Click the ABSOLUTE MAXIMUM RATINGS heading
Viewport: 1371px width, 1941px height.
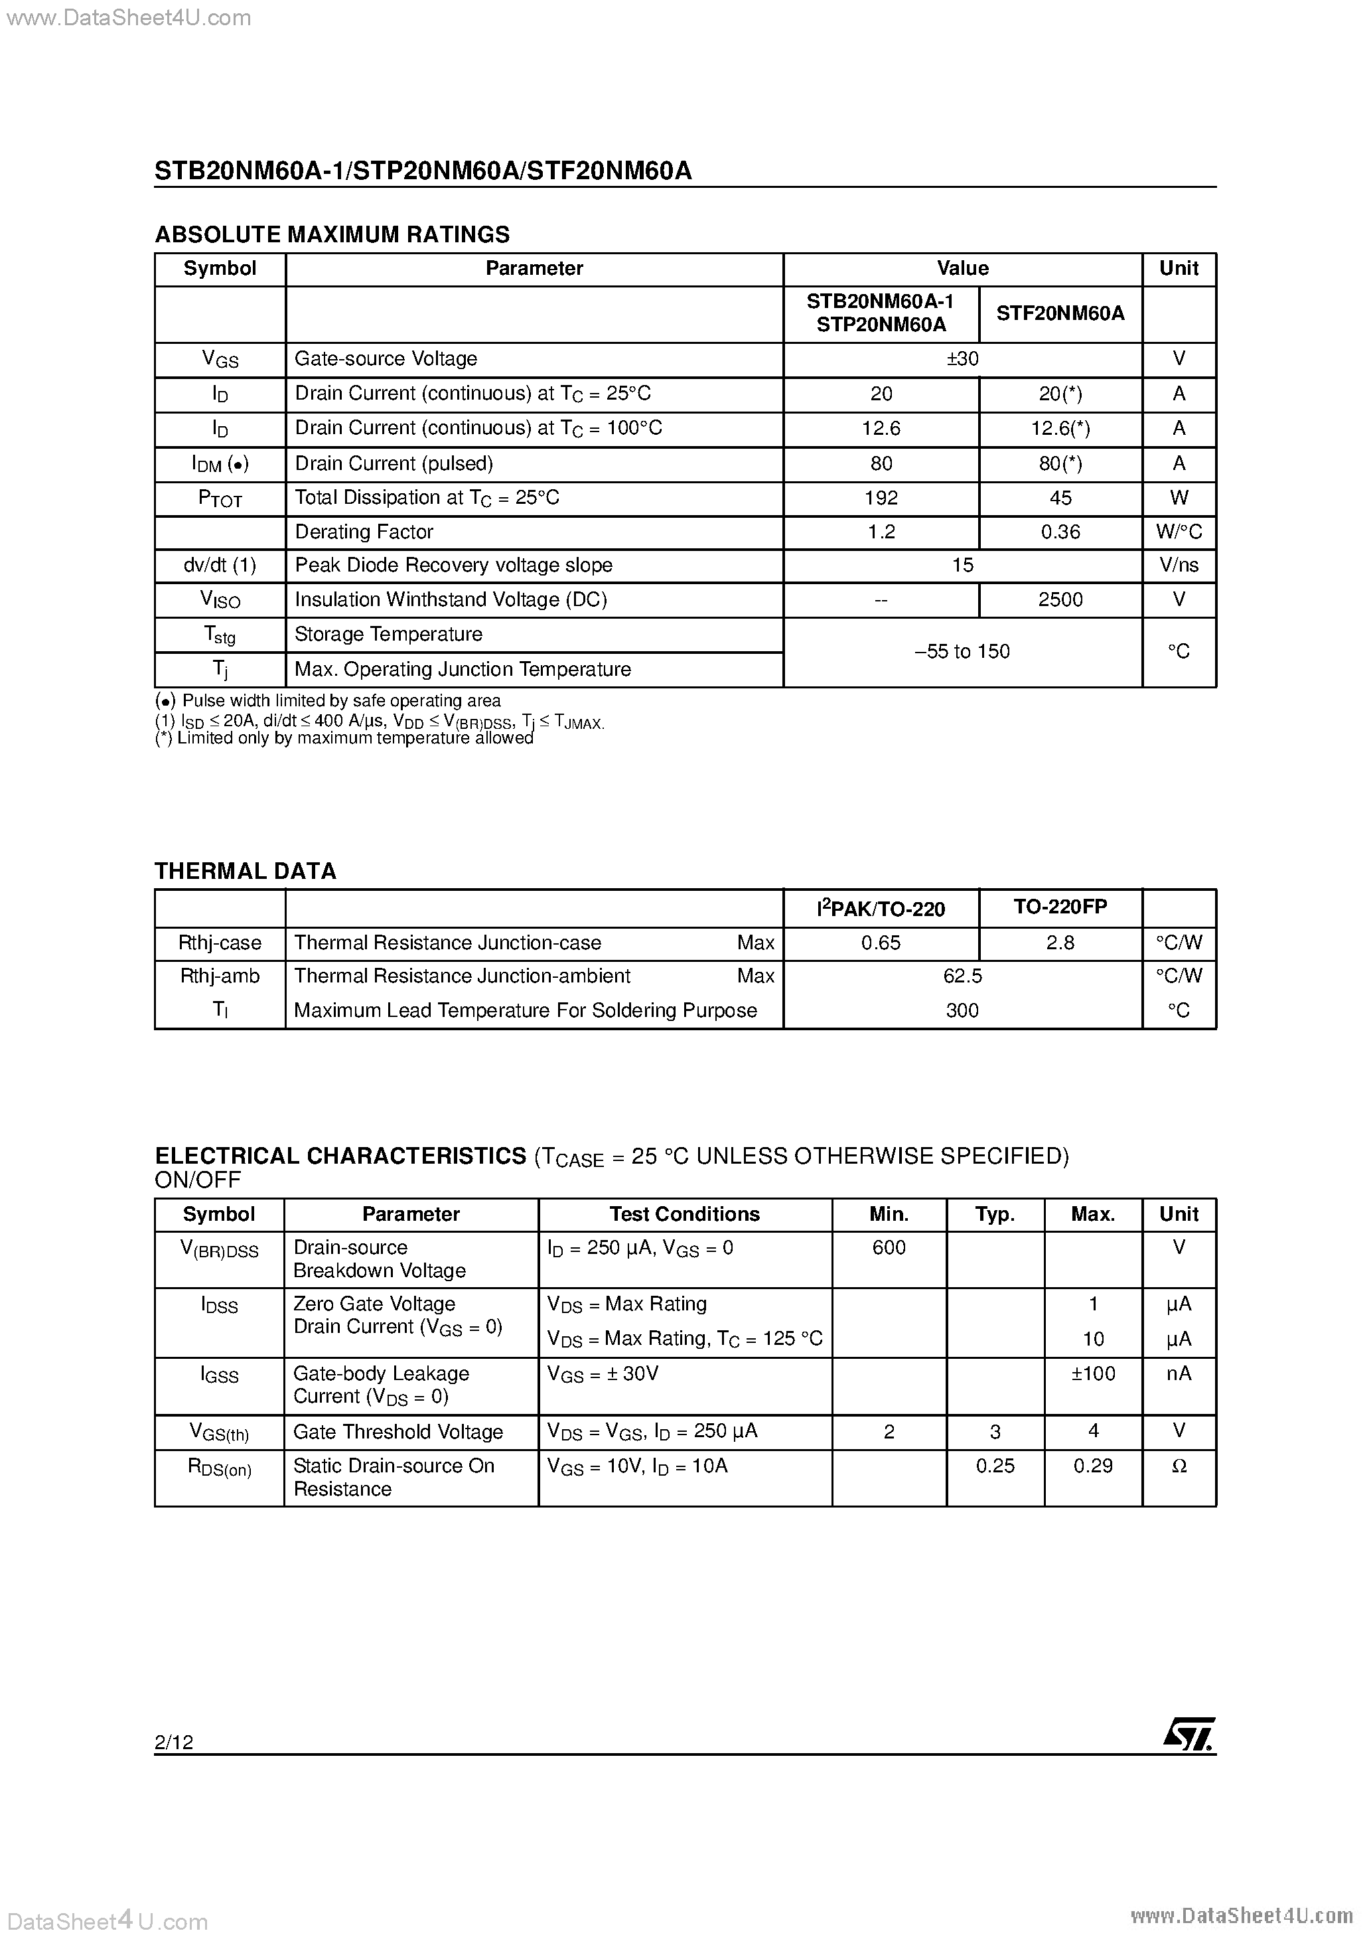tap(332, 234)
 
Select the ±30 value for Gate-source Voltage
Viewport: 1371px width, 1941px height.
tap(962, 358)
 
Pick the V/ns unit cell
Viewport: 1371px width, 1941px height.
tap(1179, 565)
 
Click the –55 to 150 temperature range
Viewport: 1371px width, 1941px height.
tap(962, 651)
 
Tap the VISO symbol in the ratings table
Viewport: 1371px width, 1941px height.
tap(220, 600)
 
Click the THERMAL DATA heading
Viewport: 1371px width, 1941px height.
tap(245, 871)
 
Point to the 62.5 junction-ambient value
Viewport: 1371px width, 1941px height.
tap(962, 976)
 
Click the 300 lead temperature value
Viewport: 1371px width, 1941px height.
tap(962, 1010)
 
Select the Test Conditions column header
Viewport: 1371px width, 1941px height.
tap(685, 1214)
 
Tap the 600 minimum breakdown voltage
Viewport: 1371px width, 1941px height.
tap(889, 1248)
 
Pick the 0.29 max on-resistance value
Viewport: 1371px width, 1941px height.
tap(1093, 1466)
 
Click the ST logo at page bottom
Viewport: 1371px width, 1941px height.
tap(1189, 1736)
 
